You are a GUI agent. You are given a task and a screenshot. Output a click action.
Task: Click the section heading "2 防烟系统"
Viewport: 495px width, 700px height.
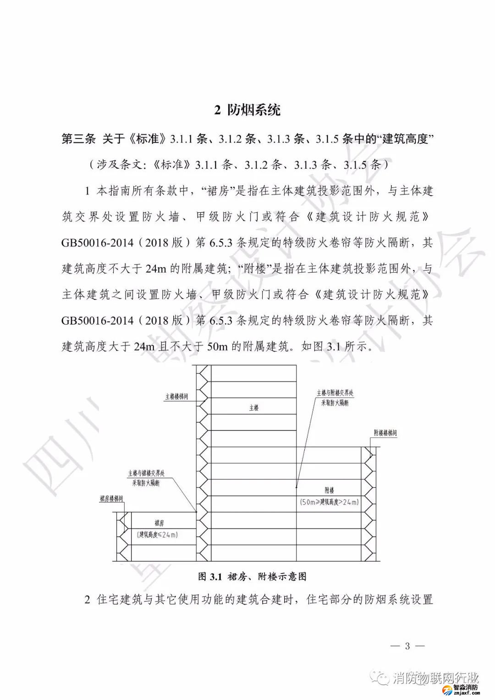(247, 110)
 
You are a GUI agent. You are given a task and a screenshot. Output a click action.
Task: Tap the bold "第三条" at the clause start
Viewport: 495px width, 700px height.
(78, 138)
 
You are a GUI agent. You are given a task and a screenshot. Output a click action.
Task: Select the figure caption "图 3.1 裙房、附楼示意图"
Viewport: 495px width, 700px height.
(252, 577)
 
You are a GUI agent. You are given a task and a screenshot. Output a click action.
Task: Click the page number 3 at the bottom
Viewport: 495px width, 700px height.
(407, 646)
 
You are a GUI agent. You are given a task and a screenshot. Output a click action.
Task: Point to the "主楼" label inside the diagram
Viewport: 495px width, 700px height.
(254, 408)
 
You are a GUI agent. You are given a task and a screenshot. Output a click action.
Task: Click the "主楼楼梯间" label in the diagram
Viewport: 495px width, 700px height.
(176, 397)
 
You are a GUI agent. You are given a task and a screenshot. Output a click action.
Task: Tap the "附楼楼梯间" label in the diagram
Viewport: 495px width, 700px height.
(385, 433)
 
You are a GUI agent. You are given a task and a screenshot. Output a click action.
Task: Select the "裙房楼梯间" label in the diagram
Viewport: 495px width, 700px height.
(111, 499)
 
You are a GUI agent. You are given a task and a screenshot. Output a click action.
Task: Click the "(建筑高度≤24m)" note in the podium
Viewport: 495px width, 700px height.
(157, 535)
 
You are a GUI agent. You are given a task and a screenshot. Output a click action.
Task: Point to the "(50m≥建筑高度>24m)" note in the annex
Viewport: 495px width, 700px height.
(329, 502)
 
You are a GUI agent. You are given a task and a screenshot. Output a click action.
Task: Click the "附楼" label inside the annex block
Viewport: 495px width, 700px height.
(329, 491)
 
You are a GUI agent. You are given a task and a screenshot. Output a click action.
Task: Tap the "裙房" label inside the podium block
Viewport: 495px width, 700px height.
(159, 523)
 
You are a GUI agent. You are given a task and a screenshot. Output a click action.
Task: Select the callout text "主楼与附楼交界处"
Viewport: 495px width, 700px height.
(335, 393)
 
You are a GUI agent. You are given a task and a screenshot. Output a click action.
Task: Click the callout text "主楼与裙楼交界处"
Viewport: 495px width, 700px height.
(146, 473)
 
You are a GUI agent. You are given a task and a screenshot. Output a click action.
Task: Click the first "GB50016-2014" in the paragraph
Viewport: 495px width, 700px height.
(97, 243)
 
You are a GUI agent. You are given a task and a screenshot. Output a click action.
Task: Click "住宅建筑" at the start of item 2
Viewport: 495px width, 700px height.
(120, 600)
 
